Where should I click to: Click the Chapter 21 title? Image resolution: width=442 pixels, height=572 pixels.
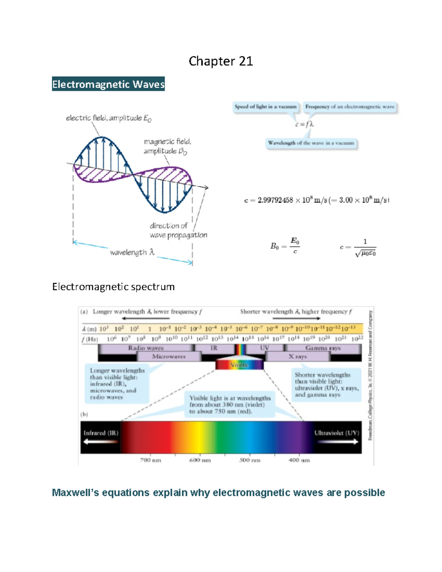click(221, 61)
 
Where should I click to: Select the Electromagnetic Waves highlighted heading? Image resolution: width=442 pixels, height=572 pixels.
click(108, 84)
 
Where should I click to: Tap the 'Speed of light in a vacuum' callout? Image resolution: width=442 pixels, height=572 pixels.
click(266, 107)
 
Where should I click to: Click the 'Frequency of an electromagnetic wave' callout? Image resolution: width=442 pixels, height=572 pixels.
click(350, 107)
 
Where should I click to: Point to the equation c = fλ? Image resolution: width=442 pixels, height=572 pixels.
click(304, 124)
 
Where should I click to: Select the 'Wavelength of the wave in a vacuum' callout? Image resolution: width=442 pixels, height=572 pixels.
click(311, 143)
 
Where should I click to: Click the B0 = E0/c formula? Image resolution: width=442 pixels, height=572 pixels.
click(285, 246)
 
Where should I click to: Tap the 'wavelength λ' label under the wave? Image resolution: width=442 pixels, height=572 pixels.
click(132, 252)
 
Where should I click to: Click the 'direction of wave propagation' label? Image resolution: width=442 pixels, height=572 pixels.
click(178, 230)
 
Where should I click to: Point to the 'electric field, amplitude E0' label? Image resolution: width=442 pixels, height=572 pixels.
click(109, 118)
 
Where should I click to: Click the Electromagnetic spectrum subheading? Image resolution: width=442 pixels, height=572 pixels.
click(113, 287)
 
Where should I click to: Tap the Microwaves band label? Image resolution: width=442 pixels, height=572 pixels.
click(169, 357)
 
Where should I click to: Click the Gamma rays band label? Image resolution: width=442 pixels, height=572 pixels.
click(323, 348)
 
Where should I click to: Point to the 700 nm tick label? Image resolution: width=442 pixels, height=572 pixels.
click(150, 460)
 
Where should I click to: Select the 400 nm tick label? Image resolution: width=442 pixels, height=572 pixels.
click(299, 460)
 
